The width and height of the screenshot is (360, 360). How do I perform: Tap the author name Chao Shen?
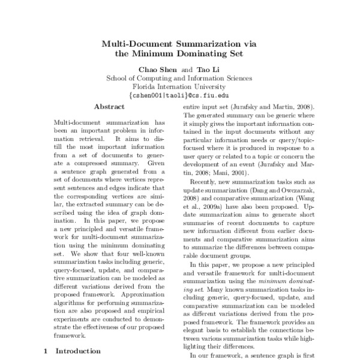pos(158,68)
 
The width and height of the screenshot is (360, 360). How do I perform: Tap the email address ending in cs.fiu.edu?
pos(179,95)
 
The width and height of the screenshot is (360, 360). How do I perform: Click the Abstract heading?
pos(109,106)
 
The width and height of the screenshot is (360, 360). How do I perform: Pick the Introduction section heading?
pos(78,351)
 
